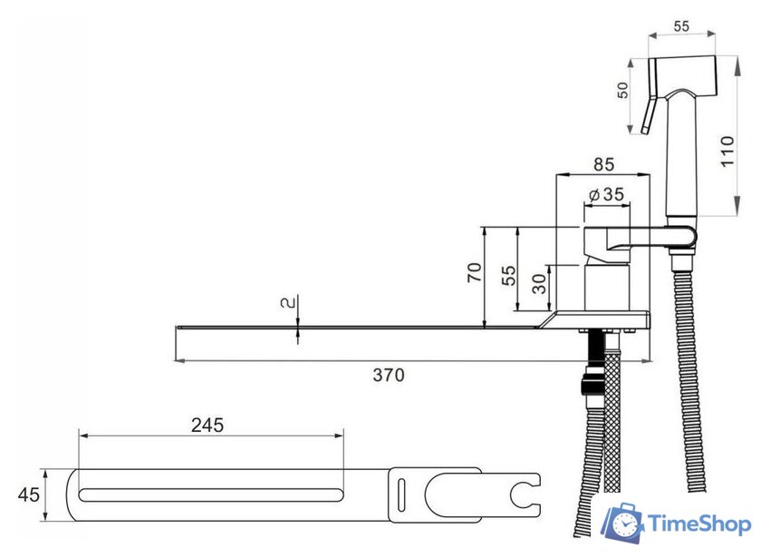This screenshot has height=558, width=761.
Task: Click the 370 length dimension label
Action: tap(389, 376)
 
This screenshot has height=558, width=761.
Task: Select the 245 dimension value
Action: tap(207, 426)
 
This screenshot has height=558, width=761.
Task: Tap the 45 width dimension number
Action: tap(29, 495)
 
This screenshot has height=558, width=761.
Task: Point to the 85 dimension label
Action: tap(603, 164)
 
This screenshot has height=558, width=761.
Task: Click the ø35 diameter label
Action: tap(606, 194)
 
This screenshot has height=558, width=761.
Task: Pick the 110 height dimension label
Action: tap(727, 152)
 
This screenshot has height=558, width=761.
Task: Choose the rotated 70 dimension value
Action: tap(475, 271)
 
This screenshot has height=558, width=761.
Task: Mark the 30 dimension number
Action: tap(539, 283)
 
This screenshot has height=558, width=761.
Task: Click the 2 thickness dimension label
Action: tap(288, 303)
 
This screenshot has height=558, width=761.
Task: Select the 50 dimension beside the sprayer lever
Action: tap(622, 91)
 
